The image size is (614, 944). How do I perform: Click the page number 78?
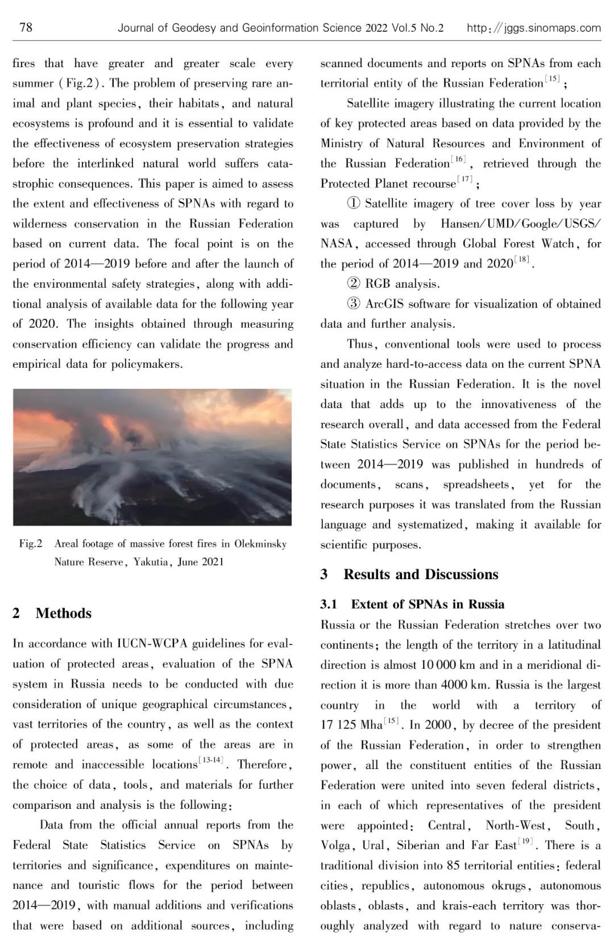click(x=26, y=27)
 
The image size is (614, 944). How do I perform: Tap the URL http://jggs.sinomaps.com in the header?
click(x=533, y=28)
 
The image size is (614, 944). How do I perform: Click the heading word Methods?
click(x=63, y=613)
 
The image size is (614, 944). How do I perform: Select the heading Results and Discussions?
click(x=421, y=575)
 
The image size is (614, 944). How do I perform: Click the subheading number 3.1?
click(x=329, y=604)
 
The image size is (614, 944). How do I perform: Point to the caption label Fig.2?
click(x=31, y=544)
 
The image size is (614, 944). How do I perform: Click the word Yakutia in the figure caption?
click(x=151, y=562)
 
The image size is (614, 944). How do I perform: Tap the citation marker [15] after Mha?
click(x=391, y=721)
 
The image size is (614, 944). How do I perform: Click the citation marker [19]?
click(x=525, y=841)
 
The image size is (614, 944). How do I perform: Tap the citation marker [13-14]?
click(x=211, y=760)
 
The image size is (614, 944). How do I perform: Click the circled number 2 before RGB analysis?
click(x=353, y=284)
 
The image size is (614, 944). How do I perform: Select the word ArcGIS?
click(x=384, y=304)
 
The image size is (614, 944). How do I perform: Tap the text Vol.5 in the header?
click(x=404, y=28)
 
